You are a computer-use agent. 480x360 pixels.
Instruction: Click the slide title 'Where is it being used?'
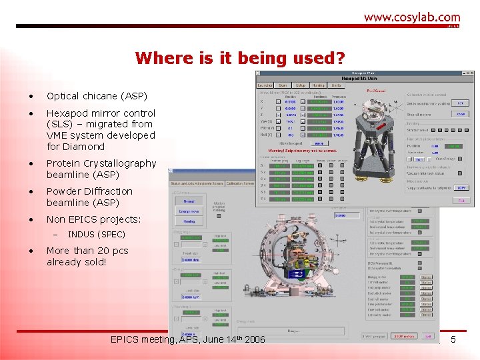pos(240,58)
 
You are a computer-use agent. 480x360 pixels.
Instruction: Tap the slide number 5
pos(453,341)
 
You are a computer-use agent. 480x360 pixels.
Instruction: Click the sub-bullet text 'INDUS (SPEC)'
pos(96,235)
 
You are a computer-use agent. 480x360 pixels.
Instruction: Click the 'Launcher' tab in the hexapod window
pos(265,85)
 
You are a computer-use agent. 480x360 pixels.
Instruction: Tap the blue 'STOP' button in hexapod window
pos(460,114)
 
